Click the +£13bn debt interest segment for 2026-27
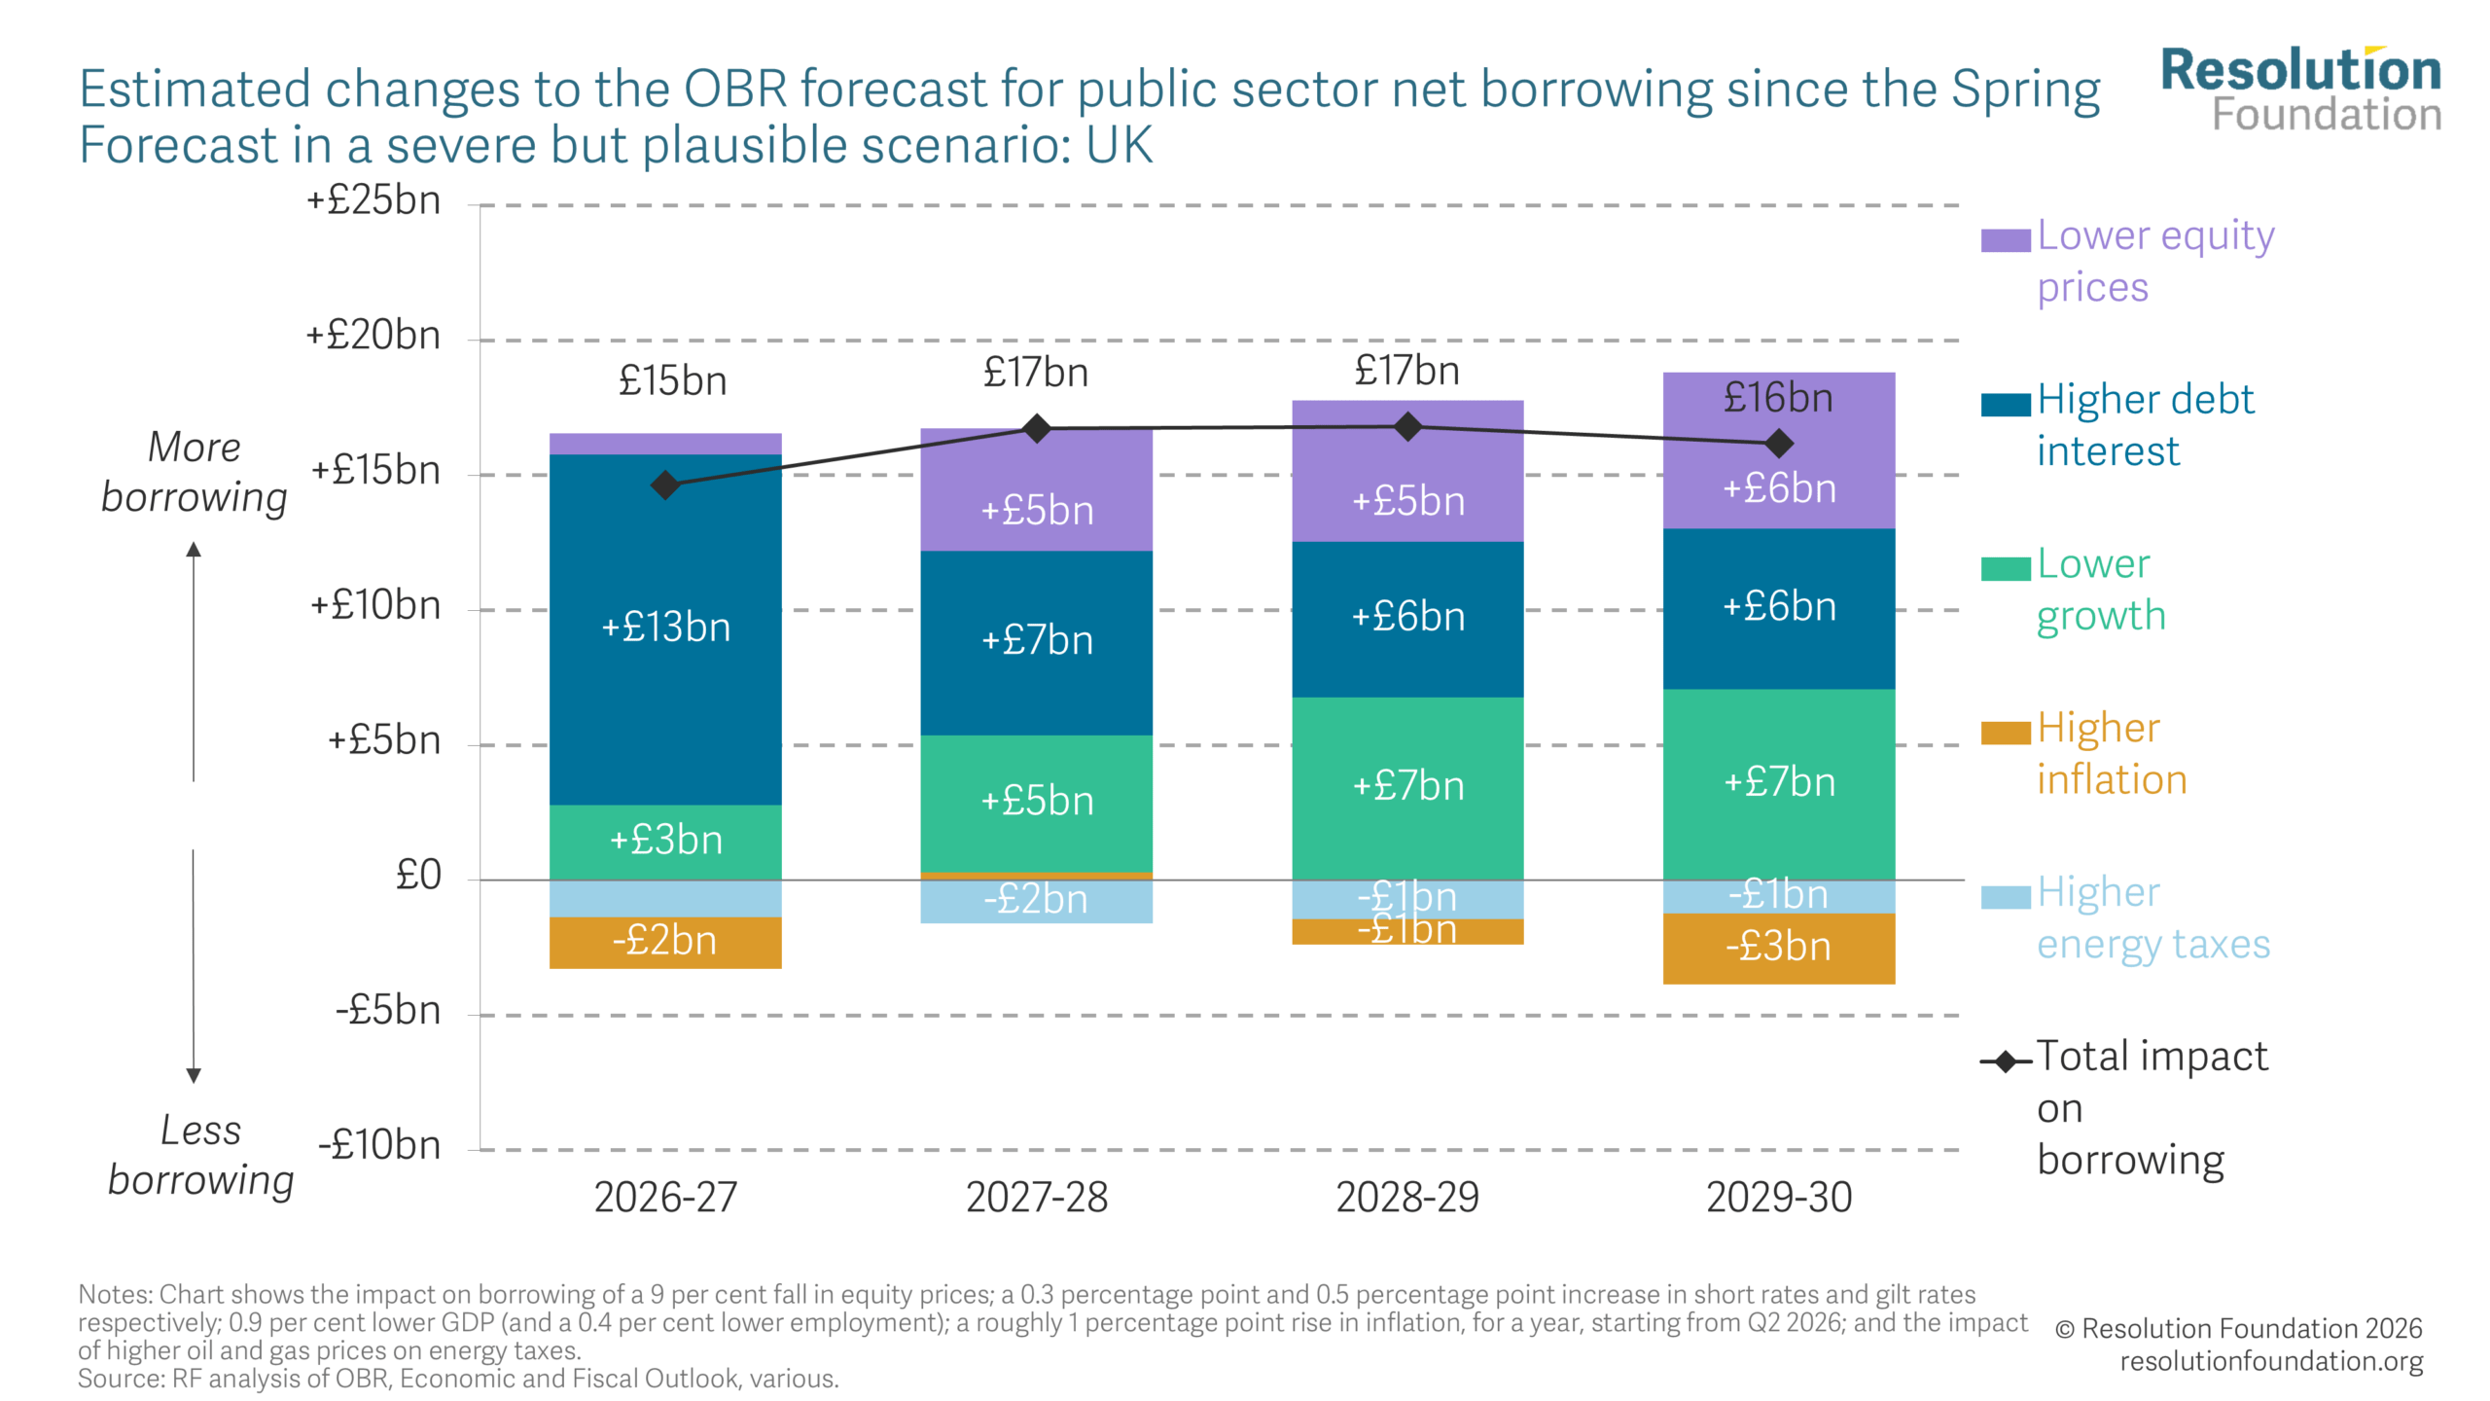pyautogui.click(x=665, y=629)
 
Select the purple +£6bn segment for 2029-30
pyautogui.click(x=1778, y=486)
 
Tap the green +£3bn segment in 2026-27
pyautogui.click(x=665, y=841)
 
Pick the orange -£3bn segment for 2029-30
pyautogui.click(x=1778, y=948)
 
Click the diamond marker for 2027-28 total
pyautogui.click(x=1037, y=428)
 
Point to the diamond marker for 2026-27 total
pyautogui.click(x=665, y=485)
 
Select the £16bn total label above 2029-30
pyautogui.click(x=1778, y=398)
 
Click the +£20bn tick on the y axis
pyautogui.click(x=373, y=336)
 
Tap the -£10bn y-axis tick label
pyautogui.click(x=379, y=1145)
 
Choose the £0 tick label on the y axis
pyautogui.click(x=418, y=876)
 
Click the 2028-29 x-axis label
pyautogui.click(x=1407, y=1198)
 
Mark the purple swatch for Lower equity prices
pyautogui.click(x=2005, y=240)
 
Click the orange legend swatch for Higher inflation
pyautogui.click(x=2005, y=734)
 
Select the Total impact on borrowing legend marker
pyautogui.click(x=2006, y=1061)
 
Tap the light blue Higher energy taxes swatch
pyautogui.click(x=2005, y=897)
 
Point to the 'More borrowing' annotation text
pyautogui.click(x=195, y=472)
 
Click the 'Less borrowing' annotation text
pyautogui.click(x=200, y=1156)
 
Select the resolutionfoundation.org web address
pyautogui.click(x=2271, y=1361)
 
